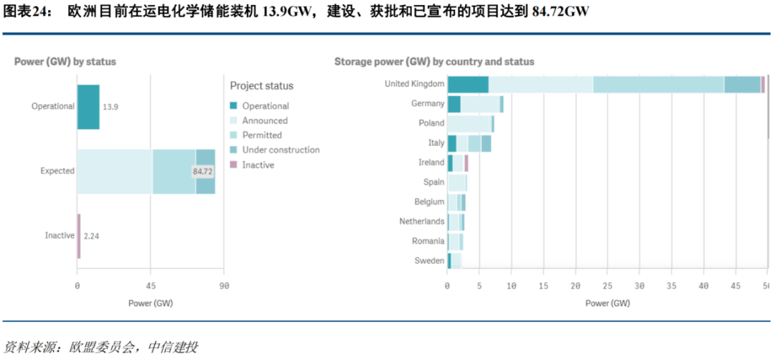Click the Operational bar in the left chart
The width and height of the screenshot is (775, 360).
click(x=88, y=107)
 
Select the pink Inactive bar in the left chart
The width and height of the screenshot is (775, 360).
click(x=79, y=236)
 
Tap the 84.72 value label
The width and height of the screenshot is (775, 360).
click(x=203, y=171)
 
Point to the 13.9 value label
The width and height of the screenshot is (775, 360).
click(x=111, y=107)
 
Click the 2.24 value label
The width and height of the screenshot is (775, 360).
click(x=91, y=236)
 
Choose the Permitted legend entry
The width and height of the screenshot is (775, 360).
click(x=262, y=136)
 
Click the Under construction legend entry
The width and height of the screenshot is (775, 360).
click(x=281, y=150)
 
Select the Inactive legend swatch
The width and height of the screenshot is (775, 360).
click(x=234, y=165)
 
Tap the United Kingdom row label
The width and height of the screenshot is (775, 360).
click(x=414, y=84)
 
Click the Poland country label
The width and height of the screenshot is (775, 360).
click(x=431, y=123)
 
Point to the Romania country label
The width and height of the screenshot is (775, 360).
click(x=428, y=241)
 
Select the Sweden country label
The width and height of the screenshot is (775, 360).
click(x=429, y=261)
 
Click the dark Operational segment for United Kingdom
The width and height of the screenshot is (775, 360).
click(x=468, y=85)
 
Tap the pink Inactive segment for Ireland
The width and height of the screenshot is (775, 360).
click(x=466, y=163)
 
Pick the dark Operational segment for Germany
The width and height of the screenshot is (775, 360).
click(x=454, y=104)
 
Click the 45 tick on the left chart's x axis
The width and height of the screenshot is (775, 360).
click(x=151, y=286)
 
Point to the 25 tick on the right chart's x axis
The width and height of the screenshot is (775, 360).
click(x=607, y=286)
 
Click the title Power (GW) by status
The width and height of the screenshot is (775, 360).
click(x=65, y=62)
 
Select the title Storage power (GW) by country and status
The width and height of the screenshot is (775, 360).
click(x=434, y=62)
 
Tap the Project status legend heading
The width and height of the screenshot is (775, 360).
click(x=261, y=86)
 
